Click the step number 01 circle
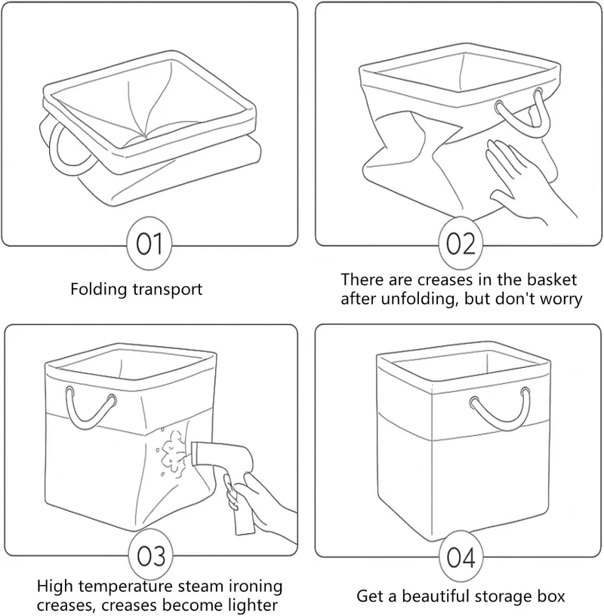tap(149, 244)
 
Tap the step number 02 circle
tap(461, 244)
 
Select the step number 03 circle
tap(152, 556)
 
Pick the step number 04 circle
tap(461, 556)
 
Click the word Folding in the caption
tap(99, 290)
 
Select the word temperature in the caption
tap(125, 587)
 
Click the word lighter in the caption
tap(254, 605)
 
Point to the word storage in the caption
tap(500, 597)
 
